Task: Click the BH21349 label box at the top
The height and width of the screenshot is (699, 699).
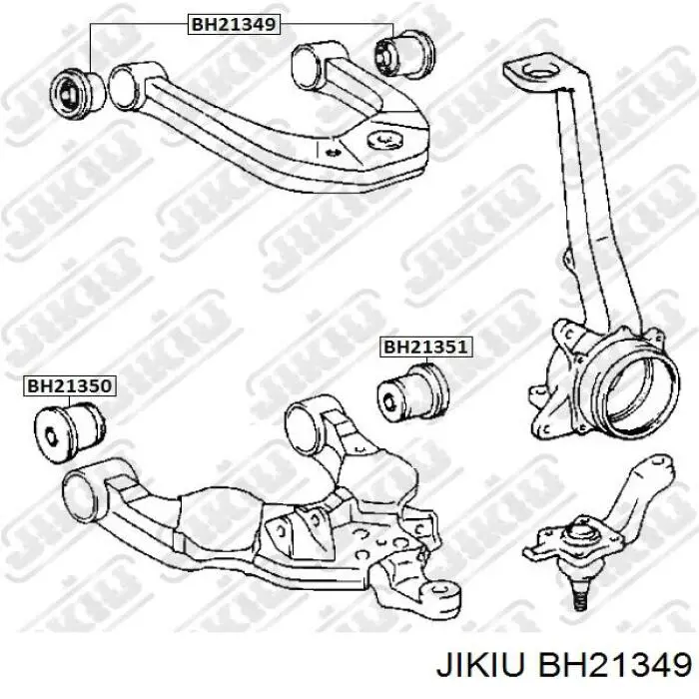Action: [x=234, y=24]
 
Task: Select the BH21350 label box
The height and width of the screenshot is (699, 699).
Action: [x=69, y=386]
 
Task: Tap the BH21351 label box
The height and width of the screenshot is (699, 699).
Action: [x=425, y=347]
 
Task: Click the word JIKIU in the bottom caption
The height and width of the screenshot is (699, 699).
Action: [x=481, y=666]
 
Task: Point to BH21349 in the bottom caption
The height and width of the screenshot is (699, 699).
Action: [x=614, y=666]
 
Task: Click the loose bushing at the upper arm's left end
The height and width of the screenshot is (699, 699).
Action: [x=77, y=94]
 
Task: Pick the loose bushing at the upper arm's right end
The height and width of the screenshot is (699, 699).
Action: [x=403, y=54]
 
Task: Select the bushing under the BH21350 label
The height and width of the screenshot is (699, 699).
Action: [x=69, y=431]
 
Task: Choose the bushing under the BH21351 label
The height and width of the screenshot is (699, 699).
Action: [x=413, y=391]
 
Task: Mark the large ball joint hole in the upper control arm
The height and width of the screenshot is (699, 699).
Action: [x=385, y=140]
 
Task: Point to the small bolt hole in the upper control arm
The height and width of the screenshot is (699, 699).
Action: [x=333, y=152]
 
